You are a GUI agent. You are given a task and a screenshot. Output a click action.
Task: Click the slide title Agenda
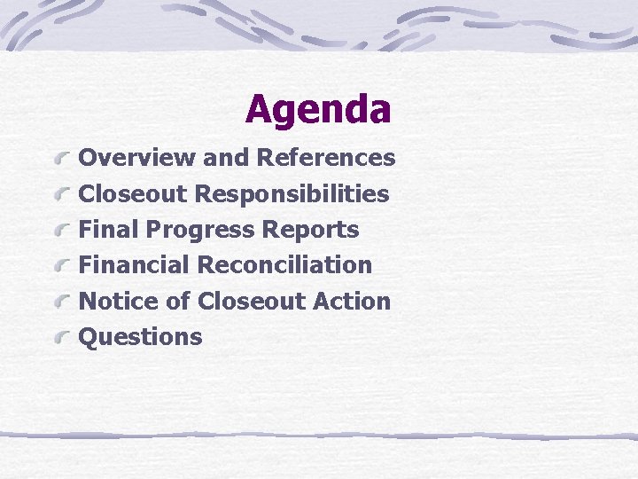(x=318, y=109)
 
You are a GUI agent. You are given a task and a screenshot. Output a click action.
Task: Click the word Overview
(x=137, y=158)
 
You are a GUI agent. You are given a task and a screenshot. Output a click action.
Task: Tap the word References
(x=326, y=158)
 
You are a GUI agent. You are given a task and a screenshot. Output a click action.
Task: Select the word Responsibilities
(x=292, y=193)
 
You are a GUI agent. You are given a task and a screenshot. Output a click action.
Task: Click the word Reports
(x=310, y=230)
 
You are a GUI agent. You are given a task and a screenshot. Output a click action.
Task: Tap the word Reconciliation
(x=284, y=265)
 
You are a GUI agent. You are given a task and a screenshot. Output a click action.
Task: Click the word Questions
(x=141, y=337)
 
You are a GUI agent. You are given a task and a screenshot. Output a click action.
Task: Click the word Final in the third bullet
(x=109, y=230)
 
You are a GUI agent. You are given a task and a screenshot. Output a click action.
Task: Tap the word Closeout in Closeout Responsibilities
(x=135, y=193)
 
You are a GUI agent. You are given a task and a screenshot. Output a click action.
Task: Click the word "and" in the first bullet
(x=226, y=158)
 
